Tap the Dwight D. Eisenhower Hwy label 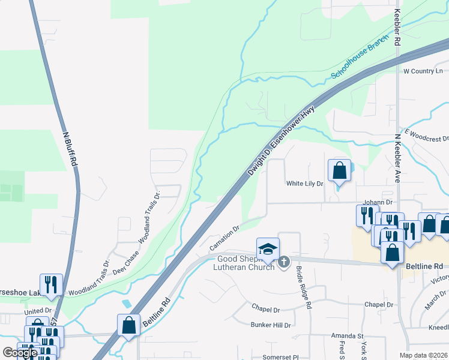coord(282,142)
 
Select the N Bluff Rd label coord(70,149)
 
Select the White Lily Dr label coord(305,184)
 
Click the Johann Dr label coord(377,203)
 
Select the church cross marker coord(284,262)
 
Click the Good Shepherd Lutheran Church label coord(244,263)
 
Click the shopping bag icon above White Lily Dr coord(339,170)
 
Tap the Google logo coord(20,353)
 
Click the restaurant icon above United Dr coord(51,285)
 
